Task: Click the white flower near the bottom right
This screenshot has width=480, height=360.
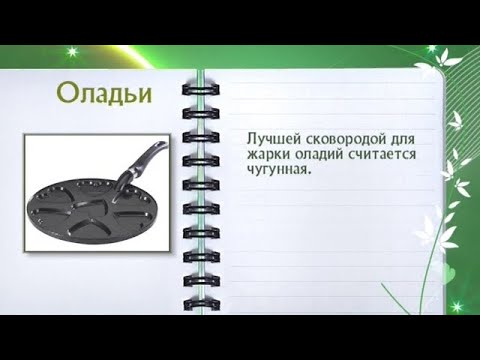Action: tap(429, 222)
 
